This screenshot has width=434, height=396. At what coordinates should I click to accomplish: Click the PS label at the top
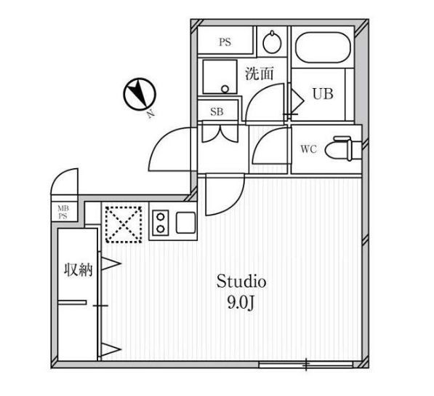(225, 42)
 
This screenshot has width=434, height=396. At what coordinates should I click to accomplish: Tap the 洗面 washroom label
(260, 74)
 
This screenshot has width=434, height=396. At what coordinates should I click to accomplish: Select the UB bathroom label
(323, 94)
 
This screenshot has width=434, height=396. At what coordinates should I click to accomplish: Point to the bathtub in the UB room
(323, 47)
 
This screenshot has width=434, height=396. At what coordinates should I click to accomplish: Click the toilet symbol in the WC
(343, 148)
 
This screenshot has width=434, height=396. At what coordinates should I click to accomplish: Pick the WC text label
(309, 149)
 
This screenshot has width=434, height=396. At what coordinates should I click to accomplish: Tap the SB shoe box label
(217, 111)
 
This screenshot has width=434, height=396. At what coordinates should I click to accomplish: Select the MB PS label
(63, 212)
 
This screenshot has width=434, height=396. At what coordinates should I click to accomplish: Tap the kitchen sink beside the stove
(185, 223)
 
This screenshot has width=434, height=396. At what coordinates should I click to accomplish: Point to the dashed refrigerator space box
(124, 225)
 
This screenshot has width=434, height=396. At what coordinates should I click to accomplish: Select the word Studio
(241, 281)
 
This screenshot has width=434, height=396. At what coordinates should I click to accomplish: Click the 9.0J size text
(241, 304)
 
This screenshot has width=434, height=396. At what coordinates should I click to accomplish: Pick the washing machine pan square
(220, 76)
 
